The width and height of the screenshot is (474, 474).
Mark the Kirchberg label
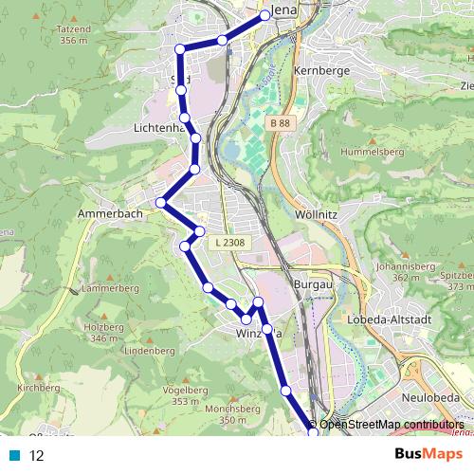(39, 389)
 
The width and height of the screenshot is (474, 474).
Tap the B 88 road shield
(279, 124)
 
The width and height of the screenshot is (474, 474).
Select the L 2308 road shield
(229, 244)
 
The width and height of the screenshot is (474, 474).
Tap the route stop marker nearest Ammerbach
(163, 202)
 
